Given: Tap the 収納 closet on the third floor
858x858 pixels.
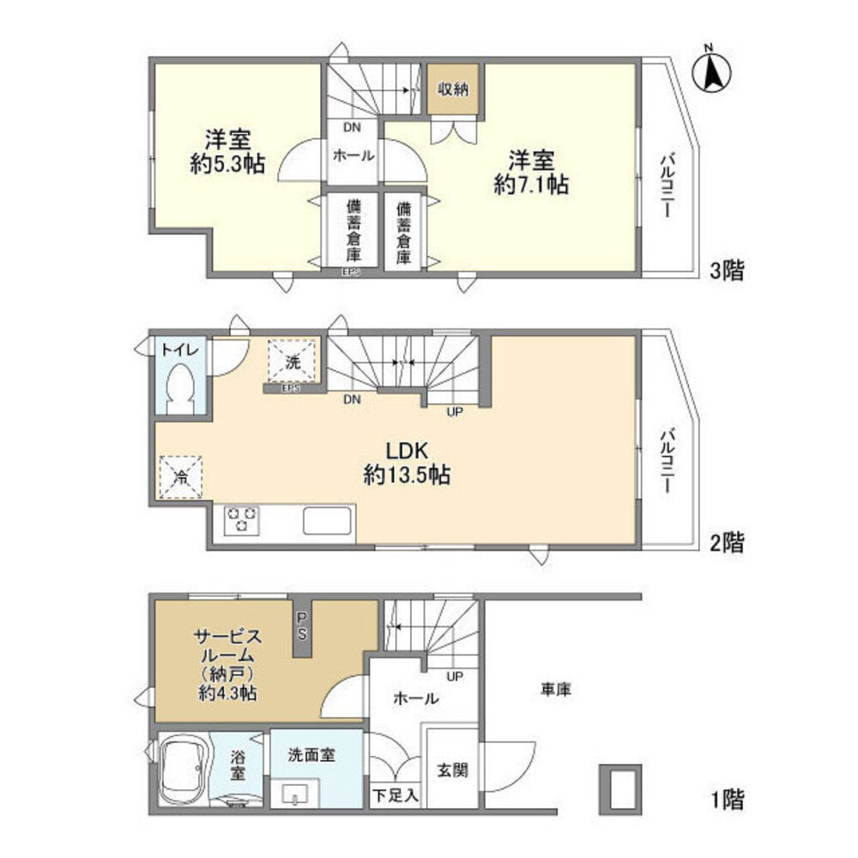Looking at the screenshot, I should click(454, 90).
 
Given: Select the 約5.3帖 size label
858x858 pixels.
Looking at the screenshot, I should click(227, 164).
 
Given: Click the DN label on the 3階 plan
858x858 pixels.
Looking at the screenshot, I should click(352, 128).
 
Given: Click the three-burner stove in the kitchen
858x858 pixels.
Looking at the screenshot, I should click(241, 520).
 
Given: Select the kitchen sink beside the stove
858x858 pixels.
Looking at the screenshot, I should click(326, 521).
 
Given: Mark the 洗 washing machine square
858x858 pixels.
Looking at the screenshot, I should click(293, 361).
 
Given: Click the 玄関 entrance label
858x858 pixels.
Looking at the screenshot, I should click(452, 770).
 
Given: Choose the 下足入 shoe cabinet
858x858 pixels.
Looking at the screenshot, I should click(396, 795).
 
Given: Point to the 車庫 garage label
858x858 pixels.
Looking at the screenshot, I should click(556, 688).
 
